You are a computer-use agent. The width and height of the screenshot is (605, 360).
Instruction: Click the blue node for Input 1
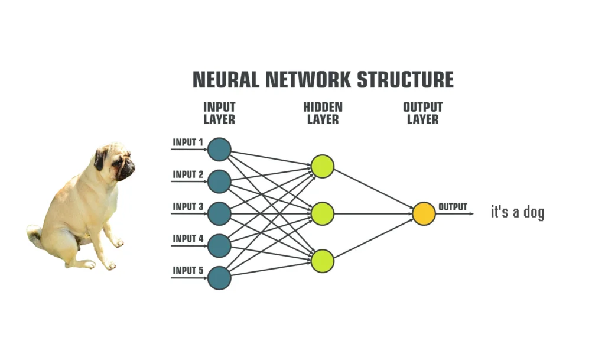coord(219,149)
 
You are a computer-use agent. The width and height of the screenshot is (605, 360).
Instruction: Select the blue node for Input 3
coord(219,213)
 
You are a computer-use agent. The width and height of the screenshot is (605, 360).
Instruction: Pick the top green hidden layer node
coord(323,166)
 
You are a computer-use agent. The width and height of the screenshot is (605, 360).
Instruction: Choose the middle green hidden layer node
coord(323,213)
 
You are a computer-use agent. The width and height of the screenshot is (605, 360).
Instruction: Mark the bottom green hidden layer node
coord(323,261)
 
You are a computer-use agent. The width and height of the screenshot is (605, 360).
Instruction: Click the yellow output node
coord(424,213)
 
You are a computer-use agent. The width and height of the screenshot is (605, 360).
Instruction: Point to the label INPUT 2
coord(188,174)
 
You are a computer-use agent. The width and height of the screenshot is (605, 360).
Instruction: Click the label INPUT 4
coord(188,239)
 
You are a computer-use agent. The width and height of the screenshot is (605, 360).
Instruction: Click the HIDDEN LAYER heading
coord(323,113)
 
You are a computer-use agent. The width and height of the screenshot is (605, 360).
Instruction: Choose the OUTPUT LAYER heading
coord(422,113)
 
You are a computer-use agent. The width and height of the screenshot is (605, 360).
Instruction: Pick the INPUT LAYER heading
coord(219,113)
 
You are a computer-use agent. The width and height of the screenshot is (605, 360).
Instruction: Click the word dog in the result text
coord(534,212)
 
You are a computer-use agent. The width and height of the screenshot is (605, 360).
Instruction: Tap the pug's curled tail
coord(34,234)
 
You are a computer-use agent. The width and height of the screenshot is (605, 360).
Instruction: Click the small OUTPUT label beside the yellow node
coord(453,207)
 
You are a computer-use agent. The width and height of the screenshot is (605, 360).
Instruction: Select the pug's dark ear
coord(100,158)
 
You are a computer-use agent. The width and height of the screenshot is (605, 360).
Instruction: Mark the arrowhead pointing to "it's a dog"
coord(471,213)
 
